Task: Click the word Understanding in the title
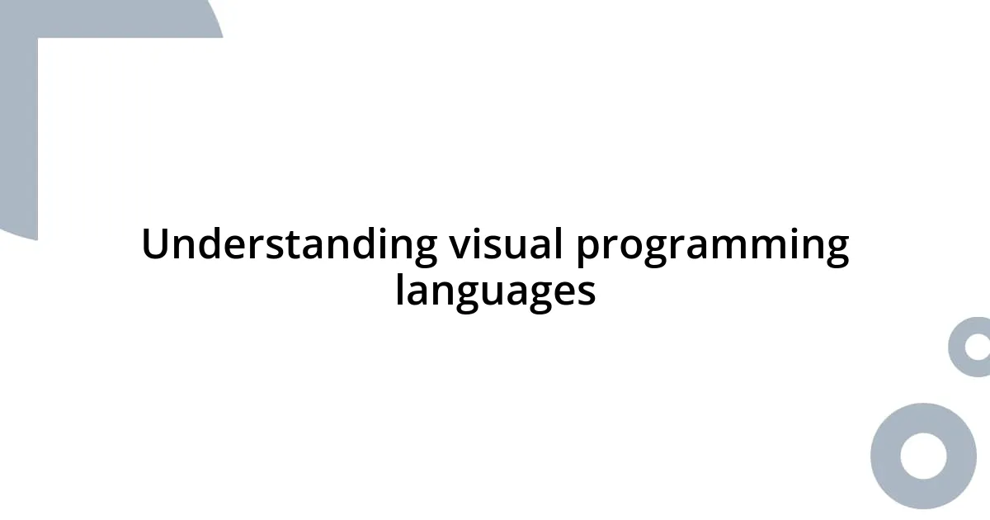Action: click(x=289, y=246)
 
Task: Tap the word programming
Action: click(x=712, y=246)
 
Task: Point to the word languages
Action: click(x=495, y=291)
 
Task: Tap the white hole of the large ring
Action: click(x=923, y=456)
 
